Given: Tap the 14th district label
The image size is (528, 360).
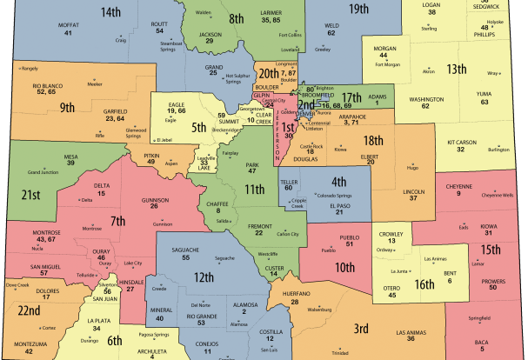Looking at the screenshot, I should click(110, 12).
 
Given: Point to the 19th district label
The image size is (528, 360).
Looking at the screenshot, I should click(358, 9).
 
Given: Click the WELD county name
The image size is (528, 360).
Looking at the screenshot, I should click(332, 25).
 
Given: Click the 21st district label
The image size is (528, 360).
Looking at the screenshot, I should click(31, 194).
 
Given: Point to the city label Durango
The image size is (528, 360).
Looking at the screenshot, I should click(104, 341).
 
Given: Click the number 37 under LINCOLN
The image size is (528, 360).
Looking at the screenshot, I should click(413, 198).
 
